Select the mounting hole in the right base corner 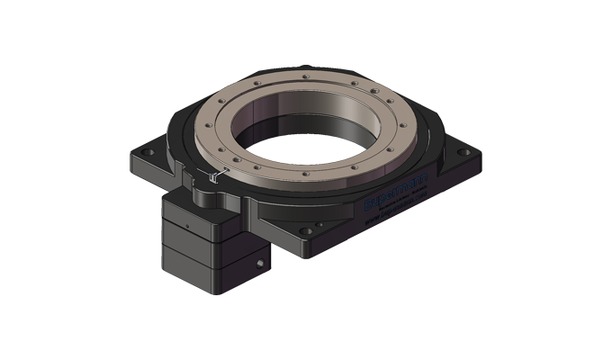pyautogui.click(x=463, y=153)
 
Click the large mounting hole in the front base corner pyautogui.click(x=307, y=230)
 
